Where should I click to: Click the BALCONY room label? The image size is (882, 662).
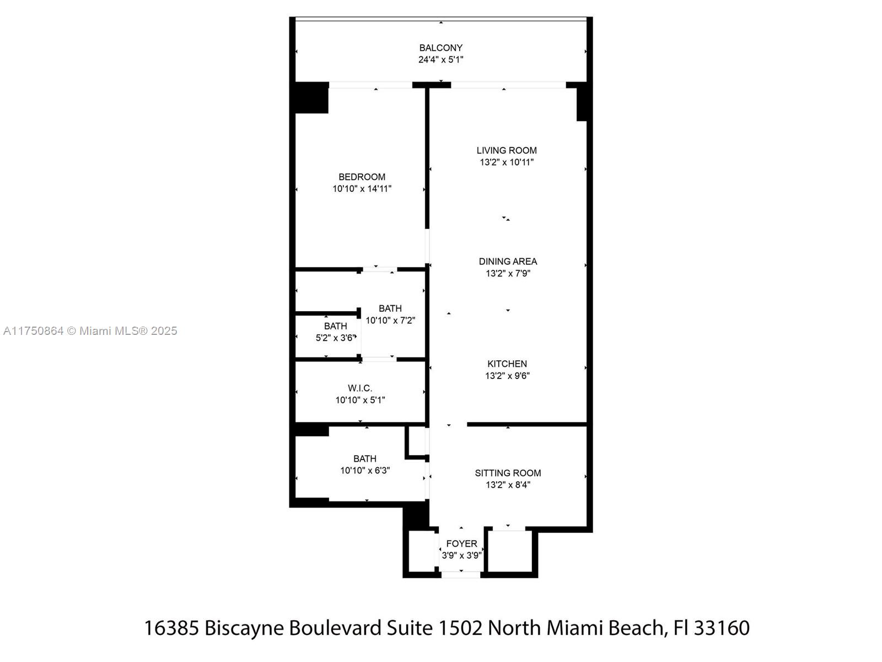coord(441,48)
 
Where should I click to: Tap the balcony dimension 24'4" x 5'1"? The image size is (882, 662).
coord(441,60)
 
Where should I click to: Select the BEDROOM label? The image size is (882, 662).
coord(362,177)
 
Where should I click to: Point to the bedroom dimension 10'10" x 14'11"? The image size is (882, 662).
coord(362,189)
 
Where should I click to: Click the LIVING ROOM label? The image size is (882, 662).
coord(506,150)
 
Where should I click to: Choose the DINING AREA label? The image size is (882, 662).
coord(508,261)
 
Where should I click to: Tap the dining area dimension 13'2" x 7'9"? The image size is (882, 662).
coord(508,273)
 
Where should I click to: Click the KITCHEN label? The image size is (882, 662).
coord(507,364)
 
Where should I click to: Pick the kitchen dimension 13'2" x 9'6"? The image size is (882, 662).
coord(507,376)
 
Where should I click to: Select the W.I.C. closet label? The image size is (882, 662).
coord(360,388)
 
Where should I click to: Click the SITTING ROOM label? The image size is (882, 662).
coord(508,473)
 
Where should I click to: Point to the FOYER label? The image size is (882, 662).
coord(462,544)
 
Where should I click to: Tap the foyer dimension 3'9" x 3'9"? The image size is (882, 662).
coord(462,556)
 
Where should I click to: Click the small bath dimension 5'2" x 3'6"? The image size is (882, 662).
coord(336,338)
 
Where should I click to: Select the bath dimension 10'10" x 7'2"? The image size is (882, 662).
coord(390,321)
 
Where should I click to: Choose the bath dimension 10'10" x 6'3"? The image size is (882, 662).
coord(365,470)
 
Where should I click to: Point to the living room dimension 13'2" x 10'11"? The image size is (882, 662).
coord(506,162)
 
